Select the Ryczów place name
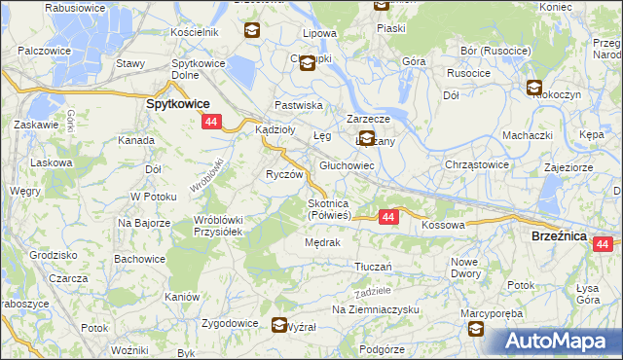pos(285,174)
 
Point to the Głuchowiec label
pos(348,166)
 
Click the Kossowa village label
pos(444,225)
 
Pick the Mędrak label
pos(322,242)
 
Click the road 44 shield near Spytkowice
pos(212,122)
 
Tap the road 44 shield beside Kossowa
pos(388,217)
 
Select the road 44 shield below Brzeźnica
pos(603,244)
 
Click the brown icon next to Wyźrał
pos(279,325)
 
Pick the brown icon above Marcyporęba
pos(476,330)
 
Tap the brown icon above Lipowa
pos(252,31)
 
